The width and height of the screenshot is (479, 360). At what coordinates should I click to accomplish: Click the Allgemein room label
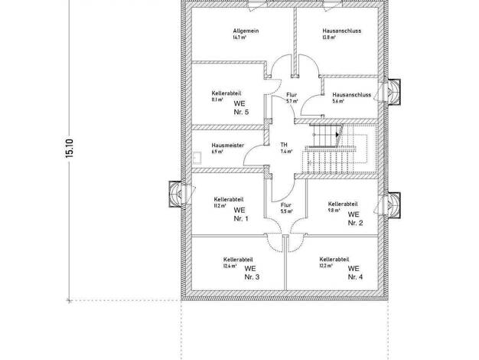pyautogui.click(x=246, y=31)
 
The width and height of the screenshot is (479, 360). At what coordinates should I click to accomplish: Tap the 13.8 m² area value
pyautogui.click(x=329, y=38)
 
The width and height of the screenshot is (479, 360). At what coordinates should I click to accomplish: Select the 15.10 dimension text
pyautogui.click(x=70, y=149)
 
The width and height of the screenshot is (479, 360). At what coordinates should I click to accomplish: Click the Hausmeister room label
pyautogui.click(x=227, y=146)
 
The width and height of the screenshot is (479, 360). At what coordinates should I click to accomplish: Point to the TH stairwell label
pyautogui.click(x=284, y=145)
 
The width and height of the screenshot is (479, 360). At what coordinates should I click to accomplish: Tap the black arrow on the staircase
pyautogui.click(x=337, y=135)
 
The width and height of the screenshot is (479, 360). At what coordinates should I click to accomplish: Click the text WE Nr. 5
pyautogui.click(x=241, y=108)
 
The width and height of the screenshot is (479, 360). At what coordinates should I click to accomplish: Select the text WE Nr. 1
pyautogui.click(x=241, y=214)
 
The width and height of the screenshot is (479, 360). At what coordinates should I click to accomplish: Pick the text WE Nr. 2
pyautogui.click(x=355, y=219)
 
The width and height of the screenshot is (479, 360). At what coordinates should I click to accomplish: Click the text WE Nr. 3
pyautogui.click(x=252, y=273)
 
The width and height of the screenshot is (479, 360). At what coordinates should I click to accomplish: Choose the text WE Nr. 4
pyautogui.click(x=355, y=273)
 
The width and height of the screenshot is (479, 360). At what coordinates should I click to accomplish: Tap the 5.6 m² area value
pyautogui.click(x=338, y=101)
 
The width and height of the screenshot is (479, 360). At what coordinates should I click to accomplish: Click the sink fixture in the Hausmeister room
pyautogui.click(x=197, y=157)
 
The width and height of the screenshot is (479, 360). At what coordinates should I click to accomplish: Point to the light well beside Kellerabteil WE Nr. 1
pyautogui.click(x=175, y=195)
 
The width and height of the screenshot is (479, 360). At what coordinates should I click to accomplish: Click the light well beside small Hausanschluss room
pyautogui.click(x=393, y=92)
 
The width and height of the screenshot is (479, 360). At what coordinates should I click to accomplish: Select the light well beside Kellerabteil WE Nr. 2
pyautogui.click(x=393, y=205)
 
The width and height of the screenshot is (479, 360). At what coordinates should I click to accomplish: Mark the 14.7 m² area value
pyautogui.click(x=239, y=38)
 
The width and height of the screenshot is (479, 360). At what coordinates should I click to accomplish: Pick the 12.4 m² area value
pyautogui.click(x=230, y=266)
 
